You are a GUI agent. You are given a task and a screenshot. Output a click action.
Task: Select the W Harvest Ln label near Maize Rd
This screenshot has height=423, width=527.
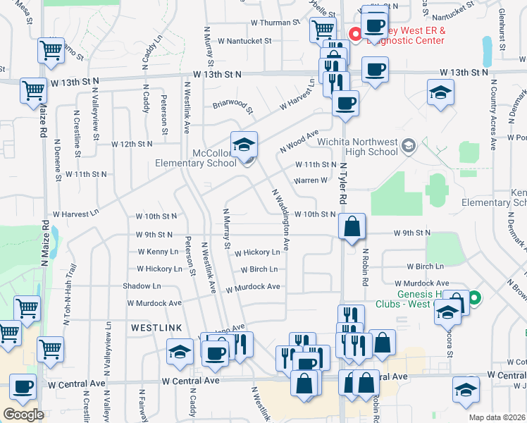click(x=75, y=213)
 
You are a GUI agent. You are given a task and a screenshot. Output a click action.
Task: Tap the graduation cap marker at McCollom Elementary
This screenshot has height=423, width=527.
click(x=244, y=145)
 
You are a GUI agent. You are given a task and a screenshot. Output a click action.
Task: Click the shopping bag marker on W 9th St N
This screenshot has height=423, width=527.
click(x=352, y=227)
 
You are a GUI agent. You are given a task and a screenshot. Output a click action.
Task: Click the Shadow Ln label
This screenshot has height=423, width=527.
click(x=142, y=286)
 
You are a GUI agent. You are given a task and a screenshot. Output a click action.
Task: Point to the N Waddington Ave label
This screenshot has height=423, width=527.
click(x=280, y=219)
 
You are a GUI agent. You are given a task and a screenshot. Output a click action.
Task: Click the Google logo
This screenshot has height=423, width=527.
click(x=23, y=414)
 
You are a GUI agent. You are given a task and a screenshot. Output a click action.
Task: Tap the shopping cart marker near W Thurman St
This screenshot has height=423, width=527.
click(x=323, y=30)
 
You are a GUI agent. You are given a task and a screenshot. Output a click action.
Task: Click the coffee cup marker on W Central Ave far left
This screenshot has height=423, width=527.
click(x=23, y=386)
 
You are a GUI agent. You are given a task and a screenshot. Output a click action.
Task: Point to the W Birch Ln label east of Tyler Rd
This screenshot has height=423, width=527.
click(x=425, y=266)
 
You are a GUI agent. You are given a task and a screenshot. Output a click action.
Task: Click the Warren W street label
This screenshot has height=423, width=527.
click(x=310, y=180)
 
